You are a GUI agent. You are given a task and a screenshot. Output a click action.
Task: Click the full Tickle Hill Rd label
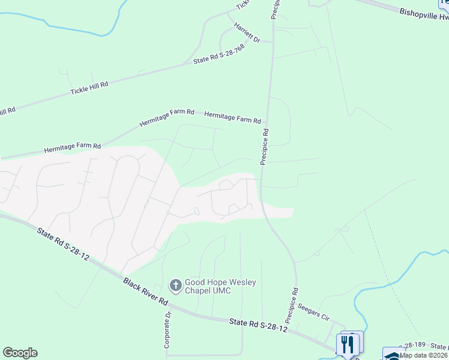[89, 88]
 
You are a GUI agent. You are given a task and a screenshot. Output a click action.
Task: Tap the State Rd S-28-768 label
[218, 55]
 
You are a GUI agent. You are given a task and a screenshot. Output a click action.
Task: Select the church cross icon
[175, 286]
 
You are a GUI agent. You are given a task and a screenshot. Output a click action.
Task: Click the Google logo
[20, 353]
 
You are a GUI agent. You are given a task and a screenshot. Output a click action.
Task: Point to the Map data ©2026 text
[424, 355]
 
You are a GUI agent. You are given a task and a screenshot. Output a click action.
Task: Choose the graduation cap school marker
[393, 355]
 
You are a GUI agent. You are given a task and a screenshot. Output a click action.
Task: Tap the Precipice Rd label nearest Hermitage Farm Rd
[264, 146]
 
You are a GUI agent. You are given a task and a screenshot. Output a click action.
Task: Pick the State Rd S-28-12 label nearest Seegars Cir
[258, 325]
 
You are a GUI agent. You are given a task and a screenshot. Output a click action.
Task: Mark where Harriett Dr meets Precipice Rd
[273, 42]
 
